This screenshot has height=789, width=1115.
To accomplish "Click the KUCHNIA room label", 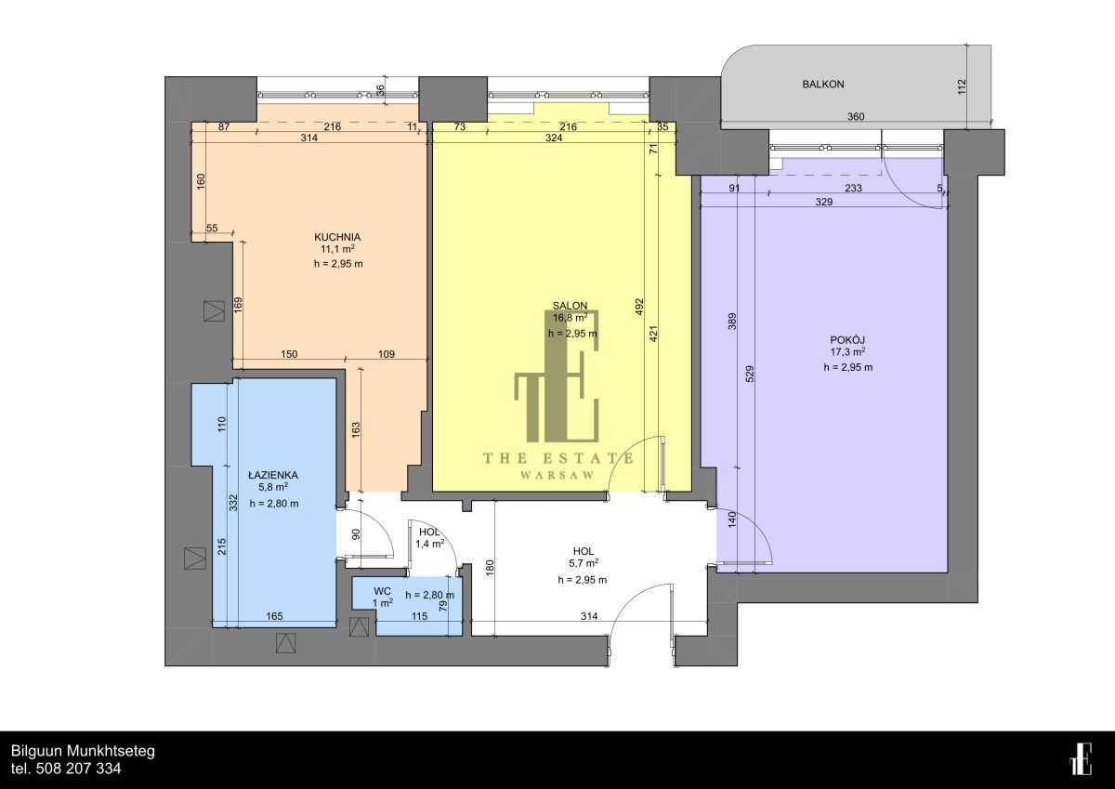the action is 337,237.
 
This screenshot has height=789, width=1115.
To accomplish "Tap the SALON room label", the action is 570,306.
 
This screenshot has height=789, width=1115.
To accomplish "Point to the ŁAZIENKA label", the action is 273,475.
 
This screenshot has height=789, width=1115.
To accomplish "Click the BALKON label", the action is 823,85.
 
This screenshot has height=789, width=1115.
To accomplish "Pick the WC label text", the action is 382,591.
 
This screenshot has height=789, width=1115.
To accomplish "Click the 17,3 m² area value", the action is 847,352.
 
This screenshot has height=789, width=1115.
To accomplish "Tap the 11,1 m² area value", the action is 337,249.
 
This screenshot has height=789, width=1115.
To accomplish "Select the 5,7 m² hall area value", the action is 583,563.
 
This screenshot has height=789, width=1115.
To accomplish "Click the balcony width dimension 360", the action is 856,117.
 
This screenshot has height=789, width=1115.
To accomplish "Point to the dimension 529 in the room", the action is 750,374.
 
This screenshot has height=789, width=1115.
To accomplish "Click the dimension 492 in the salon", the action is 639,306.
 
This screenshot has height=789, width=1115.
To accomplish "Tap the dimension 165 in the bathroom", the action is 274,616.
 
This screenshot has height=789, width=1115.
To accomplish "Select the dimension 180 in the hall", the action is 490,568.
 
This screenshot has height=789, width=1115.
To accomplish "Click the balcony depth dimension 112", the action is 962,86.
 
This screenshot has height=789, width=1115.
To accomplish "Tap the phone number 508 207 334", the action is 79,769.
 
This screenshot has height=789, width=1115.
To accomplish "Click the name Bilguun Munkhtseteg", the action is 83,751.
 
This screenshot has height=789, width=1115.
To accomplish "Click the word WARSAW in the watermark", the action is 557,475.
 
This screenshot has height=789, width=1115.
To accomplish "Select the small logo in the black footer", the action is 1080,758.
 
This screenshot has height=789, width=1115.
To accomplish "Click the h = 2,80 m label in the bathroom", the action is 274,504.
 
